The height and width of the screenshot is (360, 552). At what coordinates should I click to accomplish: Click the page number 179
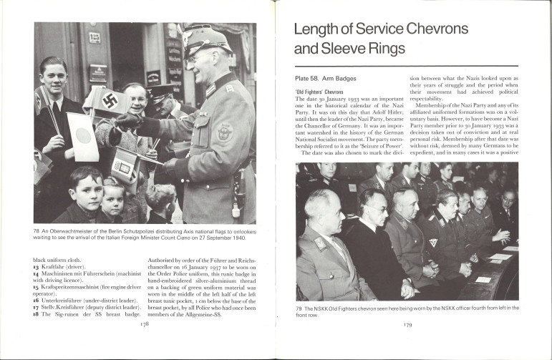pyautogui.click(x=407, y=324)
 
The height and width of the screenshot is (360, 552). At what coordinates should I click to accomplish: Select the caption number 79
pyautogui.click(x=299, y=308)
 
